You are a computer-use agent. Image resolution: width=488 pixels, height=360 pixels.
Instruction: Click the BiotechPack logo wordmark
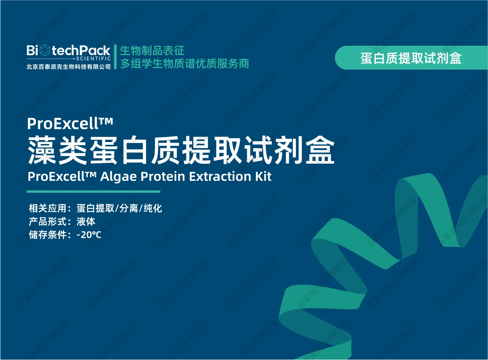69,50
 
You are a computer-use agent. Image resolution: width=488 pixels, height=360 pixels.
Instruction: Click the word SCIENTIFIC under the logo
94,58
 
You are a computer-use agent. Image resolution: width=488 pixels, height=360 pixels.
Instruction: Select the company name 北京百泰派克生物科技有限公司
69,66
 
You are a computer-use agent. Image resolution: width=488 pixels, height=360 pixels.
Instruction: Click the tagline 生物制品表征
152,50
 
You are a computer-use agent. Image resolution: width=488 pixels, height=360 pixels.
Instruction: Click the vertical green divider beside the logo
115,57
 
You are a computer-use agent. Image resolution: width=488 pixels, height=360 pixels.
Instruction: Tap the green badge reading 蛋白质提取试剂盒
411,58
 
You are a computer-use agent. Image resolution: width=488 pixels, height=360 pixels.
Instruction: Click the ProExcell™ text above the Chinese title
70,124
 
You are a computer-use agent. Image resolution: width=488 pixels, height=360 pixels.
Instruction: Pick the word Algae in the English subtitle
118,177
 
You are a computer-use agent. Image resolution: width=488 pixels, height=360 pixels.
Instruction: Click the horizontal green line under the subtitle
93,192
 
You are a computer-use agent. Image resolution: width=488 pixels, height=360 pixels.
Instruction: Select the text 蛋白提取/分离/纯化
119,209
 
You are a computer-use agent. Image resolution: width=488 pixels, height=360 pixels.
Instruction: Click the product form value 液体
86,222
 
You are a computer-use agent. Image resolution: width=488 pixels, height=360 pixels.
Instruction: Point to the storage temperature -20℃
89,235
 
